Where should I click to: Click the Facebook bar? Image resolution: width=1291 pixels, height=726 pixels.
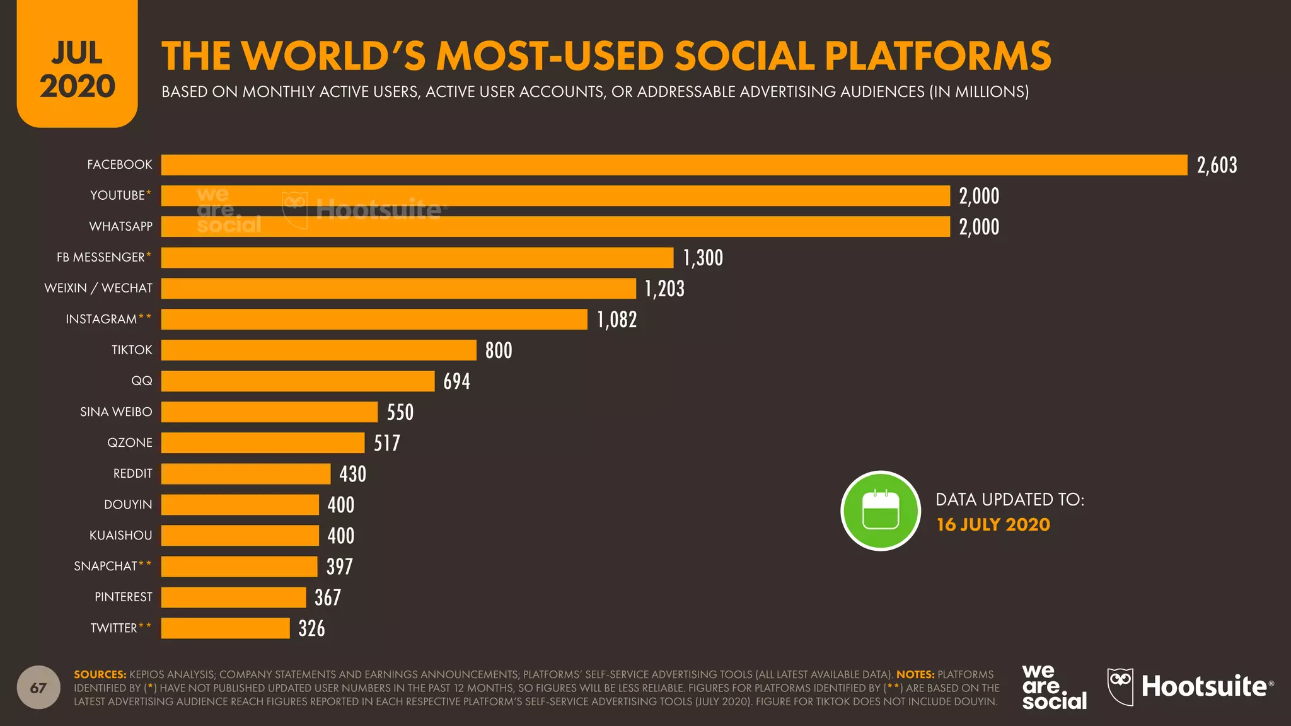click(674, 165)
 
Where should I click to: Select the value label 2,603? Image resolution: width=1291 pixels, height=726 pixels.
click(1217, 165)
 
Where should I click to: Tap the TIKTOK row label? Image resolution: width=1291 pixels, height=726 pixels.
click(132, 350)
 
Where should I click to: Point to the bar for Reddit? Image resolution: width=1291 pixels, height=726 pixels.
click(246, 474)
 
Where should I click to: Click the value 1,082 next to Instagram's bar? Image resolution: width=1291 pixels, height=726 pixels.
click(617, 320)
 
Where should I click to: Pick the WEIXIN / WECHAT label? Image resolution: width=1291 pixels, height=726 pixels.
click(98, 288)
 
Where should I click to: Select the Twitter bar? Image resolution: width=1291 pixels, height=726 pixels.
click(225, 628)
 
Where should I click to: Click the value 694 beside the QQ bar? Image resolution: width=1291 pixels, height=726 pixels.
click(456, 381)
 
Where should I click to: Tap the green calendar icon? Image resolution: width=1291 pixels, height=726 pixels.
click(881, 510)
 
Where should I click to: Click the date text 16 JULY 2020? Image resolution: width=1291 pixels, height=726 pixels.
click(993, 524)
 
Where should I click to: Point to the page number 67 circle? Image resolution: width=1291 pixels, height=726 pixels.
click(38, 688)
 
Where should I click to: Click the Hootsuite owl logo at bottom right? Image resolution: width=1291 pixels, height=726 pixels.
click(1120, 686)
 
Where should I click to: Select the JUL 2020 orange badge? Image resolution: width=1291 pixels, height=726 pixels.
click(77, 66)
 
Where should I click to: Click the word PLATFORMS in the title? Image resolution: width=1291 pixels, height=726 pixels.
click(937, 56)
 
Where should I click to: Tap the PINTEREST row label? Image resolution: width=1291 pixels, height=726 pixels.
click(124, 597)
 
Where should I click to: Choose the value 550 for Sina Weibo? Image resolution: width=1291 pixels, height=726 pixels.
click(400, 412)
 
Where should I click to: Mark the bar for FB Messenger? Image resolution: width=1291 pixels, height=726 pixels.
click(417, 258)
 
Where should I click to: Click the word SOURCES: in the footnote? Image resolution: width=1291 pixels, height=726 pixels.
click(100, 674)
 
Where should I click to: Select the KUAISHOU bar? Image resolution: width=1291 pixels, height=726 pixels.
click(240, 536)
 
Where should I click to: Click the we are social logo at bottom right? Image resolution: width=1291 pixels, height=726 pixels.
click(1053, 687)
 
